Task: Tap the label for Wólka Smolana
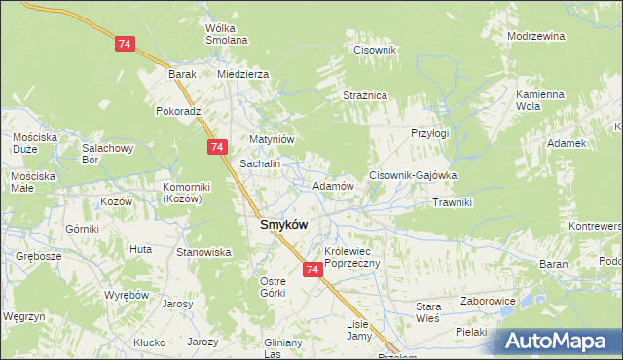point(226,34)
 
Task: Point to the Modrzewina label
point(536,36)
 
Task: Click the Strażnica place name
point(365,95)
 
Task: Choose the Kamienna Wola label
point(540,100)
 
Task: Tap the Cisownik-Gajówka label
point(413,175)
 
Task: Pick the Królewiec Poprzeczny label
point(356,256)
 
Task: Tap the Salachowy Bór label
point(107,154)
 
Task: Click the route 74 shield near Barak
point(124,45)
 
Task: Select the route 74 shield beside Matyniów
point(217,146)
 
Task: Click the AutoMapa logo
point(558,341)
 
